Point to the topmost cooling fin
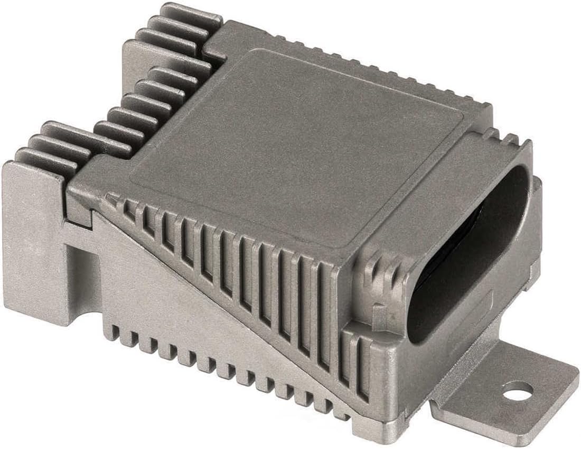190,13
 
